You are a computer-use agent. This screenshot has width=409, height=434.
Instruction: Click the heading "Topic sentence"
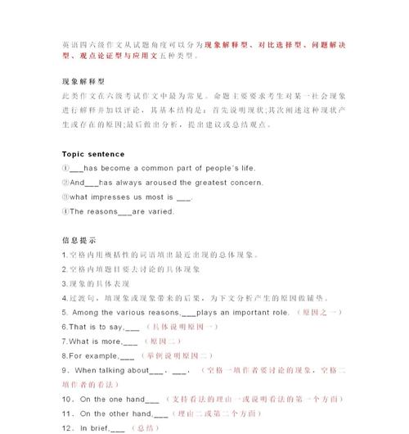point(93,154)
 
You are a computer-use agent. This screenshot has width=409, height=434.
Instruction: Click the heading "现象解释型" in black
point(83,82)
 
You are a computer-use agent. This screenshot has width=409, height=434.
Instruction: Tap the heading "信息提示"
point(79,241)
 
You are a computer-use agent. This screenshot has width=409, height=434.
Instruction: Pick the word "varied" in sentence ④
point(160,211)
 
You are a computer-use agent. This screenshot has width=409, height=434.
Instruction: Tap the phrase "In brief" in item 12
point(92,428)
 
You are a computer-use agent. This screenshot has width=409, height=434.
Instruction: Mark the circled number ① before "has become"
point(65,169)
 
